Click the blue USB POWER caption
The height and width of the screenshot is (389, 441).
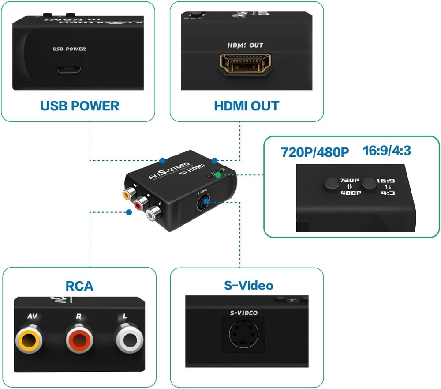pos(79,106)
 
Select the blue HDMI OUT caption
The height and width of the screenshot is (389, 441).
pos(247,106)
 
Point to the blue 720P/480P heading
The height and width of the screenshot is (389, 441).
pos(315,152)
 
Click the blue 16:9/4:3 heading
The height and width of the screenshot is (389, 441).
pos(386,151)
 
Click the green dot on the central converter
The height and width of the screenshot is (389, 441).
pos(218,175)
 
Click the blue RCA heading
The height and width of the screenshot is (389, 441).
pos(79,286)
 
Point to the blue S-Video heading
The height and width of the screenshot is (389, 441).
pos(248,285)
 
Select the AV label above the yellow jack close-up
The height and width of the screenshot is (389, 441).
pos(32,316)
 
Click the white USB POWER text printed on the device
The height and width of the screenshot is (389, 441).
pos(69,49)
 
